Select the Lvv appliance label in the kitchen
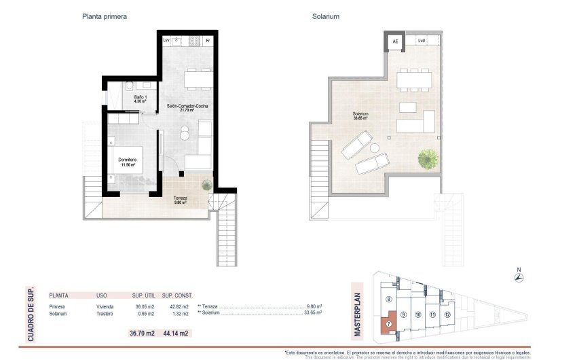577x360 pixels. (x=166, y=41)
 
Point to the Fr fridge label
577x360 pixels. (x=208, y=41)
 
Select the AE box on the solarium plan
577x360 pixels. (x=394, y=42)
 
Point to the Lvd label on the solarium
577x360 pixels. (x=422, y=41)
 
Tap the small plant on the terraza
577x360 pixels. (x=206, y=184)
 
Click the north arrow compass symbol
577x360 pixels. (x=519, y=276)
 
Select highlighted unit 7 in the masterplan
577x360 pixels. (x=388, y=324)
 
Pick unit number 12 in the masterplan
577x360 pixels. (x=446, y=314)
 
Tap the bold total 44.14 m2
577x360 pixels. (x=175, y=333)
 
